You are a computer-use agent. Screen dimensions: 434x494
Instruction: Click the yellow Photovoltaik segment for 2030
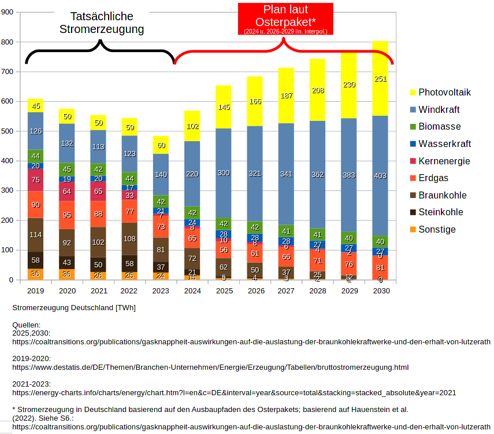point(380,79)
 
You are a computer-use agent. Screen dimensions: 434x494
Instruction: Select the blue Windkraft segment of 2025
point(224,172)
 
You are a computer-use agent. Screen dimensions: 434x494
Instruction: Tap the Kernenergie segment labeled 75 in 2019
point(36,180)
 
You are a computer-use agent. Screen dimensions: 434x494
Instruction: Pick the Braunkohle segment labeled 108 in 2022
point(129,238)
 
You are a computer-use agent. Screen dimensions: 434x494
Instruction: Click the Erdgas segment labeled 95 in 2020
point(67,215)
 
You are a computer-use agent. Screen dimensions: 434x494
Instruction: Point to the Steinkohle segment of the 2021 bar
point(98,264)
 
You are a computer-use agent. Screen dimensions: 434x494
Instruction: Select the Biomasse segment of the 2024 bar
point(192,212)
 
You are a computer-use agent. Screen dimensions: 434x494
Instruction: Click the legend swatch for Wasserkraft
point(413,144)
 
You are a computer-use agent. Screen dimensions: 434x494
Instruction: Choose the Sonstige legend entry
point(437,229)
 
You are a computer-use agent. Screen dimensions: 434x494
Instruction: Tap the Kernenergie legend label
point(444,161)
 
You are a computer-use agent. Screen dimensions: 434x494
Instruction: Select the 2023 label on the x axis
point(161,290)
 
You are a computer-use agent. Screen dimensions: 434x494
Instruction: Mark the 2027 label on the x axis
point(286,290)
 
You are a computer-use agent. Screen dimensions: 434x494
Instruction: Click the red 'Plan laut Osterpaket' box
point(285,19)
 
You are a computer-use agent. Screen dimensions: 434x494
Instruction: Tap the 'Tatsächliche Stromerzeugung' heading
point(101,23)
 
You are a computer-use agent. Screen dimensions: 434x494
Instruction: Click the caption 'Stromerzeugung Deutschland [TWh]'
point(74,308)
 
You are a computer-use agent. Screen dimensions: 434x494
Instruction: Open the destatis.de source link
point(210,367)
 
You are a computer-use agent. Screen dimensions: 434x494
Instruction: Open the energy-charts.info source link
point(234,392)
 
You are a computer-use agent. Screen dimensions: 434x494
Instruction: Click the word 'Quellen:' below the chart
point(27,325)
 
